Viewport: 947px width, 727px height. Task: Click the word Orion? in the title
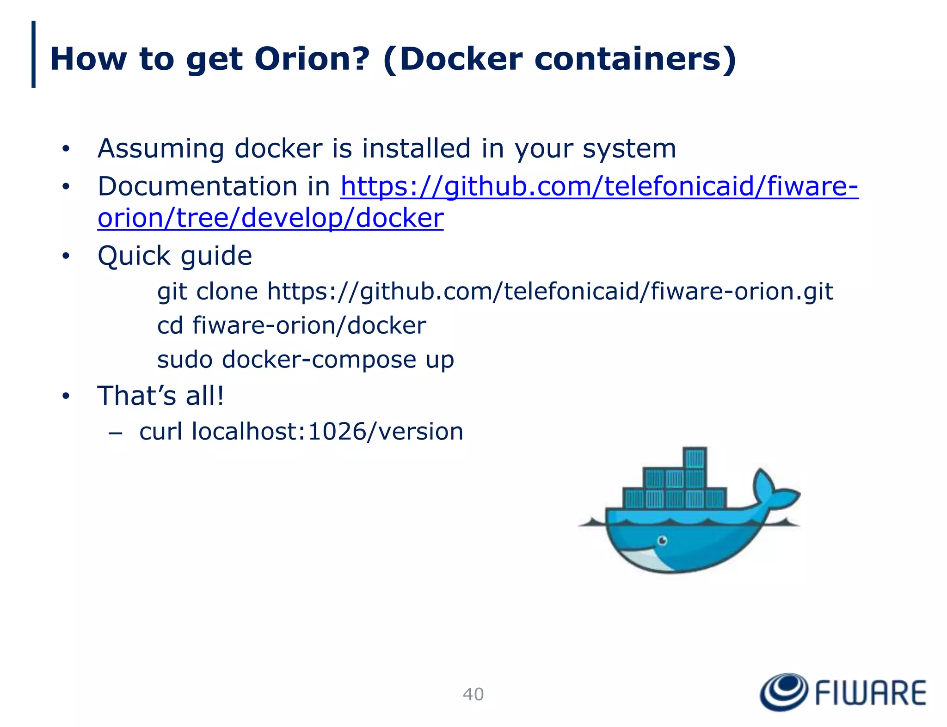(x=312, y=59)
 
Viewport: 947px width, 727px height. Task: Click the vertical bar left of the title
(x=33, y=54)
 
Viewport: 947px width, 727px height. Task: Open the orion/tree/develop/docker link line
(x=271, y=218)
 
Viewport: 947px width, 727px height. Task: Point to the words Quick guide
(x=175, y=256)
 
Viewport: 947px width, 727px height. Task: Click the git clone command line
(x=495, y=292)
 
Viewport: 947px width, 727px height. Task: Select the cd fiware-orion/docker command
(x=291, y=325)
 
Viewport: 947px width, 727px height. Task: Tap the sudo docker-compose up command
(x=306, y=360)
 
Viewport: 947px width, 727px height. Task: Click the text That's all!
(x=160, y=396)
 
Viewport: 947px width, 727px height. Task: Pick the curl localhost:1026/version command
(x=301, y=432)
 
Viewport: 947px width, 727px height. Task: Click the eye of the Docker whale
(x=662, y=540)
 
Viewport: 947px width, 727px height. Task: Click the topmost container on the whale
(x=695, y=458)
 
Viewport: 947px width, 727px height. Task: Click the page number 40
(x=473, y=694)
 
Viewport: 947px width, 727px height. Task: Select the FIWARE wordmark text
(x=870, y=692)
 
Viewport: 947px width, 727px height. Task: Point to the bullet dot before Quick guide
(x=66, y=256)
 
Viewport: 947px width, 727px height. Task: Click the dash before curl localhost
(x=115, y=433)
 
